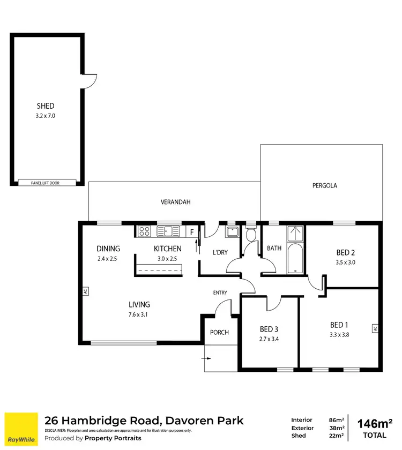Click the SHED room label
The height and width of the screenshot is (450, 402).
pyautogui.click(x=46, y=106)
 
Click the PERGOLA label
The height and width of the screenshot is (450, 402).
pyautogui.click(x=324, y=186)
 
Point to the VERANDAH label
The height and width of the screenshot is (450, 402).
pyautogui.click(x=175, y=202)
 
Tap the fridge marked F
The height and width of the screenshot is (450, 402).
pyautogui.click(x=191, y=232)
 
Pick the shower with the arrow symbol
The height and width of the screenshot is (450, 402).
pyautogui.click(x=295, y=234)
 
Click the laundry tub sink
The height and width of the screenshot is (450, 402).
pyautogui.click(x=232, y=232)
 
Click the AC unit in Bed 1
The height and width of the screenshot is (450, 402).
pyautogui.click(x=375, y=328)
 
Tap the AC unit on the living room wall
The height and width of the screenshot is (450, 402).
pyautogui.click(x=85, y=292)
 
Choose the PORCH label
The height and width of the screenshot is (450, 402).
pyautogui.click(x=219, y=332)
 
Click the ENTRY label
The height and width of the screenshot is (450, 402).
pyautogui.click(x=220, y=292)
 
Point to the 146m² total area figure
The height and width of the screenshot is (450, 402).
pyautogui.click(x=375, y=424)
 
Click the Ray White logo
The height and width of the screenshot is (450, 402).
pyautogui.click(x=21, y=429)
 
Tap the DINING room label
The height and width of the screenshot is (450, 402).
pyautogui.click(x=108, y=249)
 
